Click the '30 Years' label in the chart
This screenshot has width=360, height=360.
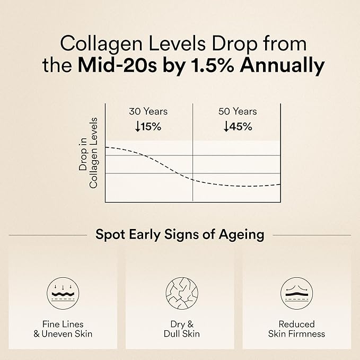[x=148, y=111]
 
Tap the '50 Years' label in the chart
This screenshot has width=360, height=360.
[x=238, y=111]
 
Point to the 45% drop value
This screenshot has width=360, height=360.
[x=241, y=127]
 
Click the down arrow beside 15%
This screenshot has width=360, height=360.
[x=138, y=127]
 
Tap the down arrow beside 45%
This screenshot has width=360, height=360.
[x=227, y=127]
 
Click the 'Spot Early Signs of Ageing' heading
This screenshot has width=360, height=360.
[x=180, y=234]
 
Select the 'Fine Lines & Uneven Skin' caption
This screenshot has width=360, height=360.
[x=63, y=329]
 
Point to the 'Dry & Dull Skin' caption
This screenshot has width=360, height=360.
[x=180, y=329]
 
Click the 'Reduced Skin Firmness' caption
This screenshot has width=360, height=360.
[x=296, y=329]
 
